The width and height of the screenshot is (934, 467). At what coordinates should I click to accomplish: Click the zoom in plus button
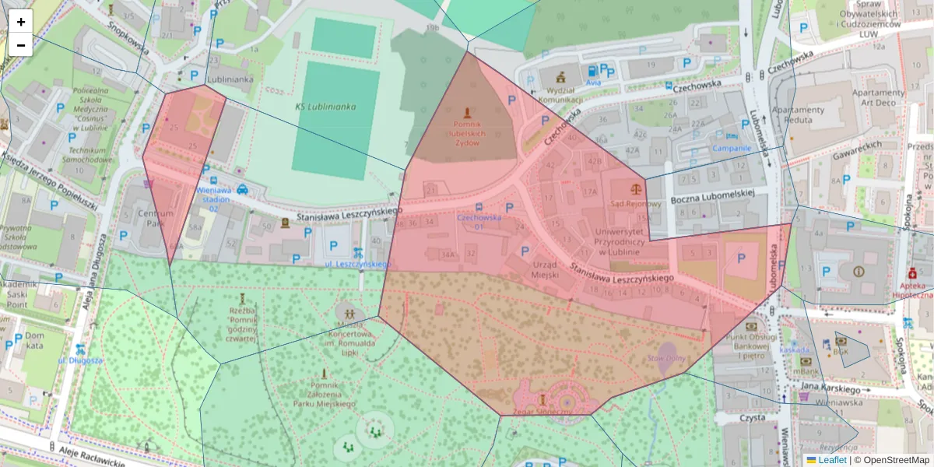point(21,22)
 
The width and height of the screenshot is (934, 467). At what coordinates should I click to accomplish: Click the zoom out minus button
point(21,45)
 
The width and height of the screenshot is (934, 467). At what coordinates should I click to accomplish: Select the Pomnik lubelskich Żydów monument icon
point(467,113)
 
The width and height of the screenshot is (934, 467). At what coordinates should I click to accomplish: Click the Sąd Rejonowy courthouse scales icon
point(638,188)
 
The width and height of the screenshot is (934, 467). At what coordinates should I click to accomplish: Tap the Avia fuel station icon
point(594,70)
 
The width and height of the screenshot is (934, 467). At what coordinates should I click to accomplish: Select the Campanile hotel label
point(732,147)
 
